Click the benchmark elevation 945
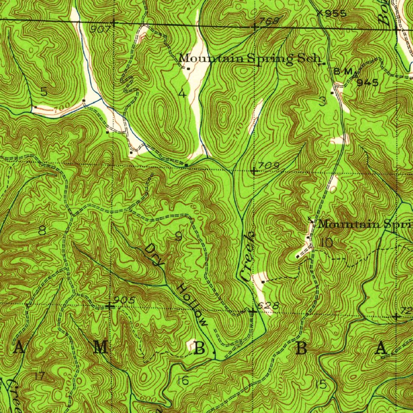click(x=367, y=83)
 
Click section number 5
click(x=44, y=92)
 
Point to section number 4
click(x=182, y=94)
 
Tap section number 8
click(x=42, y=231)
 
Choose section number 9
click(x=178, y=237)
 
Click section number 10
click(x=327, y=243)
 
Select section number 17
click(x=40, y=376)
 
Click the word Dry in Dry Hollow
click(x=154, y=255)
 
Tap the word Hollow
click(x=192, y=305)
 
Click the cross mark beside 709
click(x=254, y=171)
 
